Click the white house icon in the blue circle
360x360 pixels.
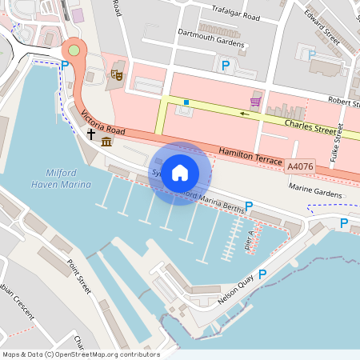point(180,173)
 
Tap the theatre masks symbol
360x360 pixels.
point(116,74)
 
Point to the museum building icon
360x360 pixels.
point(106,142)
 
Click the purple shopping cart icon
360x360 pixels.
point(255,102)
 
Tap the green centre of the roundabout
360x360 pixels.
point(74,50)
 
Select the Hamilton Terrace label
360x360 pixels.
point(250,156)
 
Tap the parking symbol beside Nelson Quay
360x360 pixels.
point(262,274)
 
